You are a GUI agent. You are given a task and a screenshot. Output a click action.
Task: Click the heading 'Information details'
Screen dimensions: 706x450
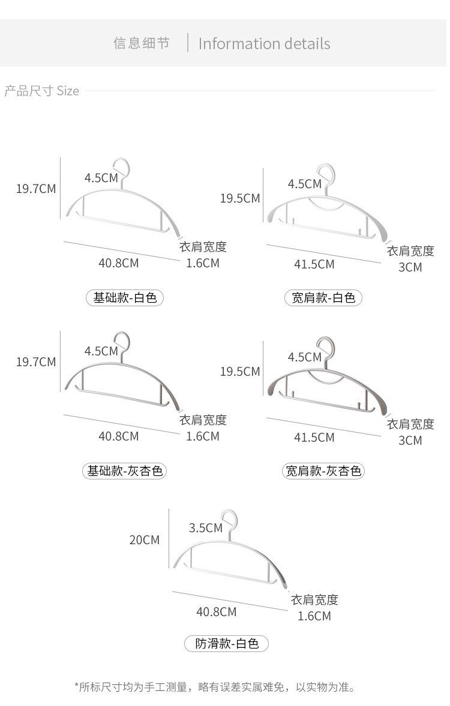click(264, 44)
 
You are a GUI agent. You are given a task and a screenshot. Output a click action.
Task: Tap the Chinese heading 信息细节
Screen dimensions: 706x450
click(142, 43)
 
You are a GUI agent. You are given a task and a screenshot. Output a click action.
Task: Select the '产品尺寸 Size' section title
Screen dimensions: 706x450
click(42, 91)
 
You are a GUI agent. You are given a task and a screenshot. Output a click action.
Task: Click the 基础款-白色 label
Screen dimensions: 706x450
click(125, 297)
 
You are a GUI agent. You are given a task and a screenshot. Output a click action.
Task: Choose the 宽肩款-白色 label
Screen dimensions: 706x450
click(323, 298)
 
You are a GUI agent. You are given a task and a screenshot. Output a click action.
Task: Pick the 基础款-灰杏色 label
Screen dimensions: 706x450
click(124, 471)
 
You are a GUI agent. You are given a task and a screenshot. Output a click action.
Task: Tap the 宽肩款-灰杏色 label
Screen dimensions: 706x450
click(323, 471)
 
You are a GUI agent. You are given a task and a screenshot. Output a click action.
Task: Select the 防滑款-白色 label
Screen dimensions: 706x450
click(226, 644)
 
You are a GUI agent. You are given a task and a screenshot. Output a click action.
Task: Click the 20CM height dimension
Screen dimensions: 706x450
click(145, 540)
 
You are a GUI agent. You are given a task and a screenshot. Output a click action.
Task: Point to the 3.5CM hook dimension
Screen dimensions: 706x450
click(205, 528)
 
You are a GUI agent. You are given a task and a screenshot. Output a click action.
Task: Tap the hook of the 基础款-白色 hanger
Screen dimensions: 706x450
click(122, 168)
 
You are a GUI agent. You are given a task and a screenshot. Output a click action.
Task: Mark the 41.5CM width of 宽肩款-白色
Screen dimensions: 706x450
click(314, 264)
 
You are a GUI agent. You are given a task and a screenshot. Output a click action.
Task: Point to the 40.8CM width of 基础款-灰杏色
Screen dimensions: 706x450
click(119, 436)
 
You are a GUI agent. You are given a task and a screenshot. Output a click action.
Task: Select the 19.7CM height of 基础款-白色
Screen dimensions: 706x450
click(36, 189)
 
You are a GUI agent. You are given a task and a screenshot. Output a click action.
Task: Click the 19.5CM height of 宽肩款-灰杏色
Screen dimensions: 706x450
click(240, 372)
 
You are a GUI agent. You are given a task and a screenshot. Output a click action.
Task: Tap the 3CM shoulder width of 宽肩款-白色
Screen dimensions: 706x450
click(410, 267)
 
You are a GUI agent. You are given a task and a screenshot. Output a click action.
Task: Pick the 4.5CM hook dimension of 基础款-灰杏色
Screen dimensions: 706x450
click(101, 351)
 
